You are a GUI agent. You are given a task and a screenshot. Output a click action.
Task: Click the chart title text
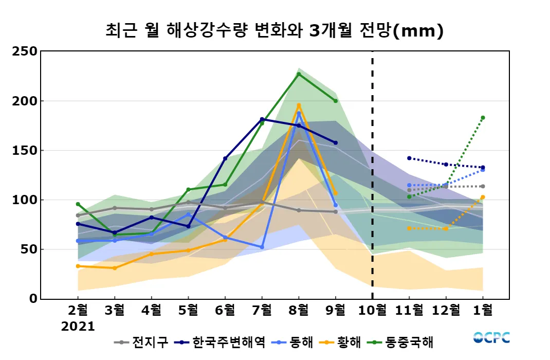point(274,31)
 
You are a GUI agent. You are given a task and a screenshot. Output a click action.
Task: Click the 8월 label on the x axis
point(299,311)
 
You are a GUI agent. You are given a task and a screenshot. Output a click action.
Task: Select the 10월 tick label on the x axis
point(372,311)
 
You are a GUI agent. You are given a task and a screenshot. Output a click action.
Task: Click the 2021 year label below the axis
point(78,327)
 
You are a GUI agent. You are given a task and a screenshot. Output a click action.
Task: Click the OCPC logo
point(491,338)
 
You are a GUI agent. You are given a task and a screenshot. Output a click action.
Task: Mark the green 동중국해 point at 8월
point(299,74)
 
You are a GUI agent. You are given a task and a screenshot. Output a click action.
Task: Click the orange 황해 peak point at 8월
point(299,105)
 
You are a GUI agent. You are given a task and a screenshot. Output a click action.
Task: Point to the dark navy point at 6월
point(225,158)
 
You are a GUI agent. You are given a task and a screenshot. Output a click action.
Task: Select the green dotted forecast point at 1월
point(483,118)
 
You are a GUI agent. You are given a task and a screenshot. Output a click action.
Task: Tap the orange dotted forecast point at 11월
point(409,228)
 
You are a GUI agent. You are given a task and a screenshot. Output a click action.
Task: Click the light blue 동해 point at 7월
point(262,247)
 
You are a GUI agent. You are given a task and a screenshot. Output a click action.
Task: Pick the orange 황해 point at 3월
point(115,268)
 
